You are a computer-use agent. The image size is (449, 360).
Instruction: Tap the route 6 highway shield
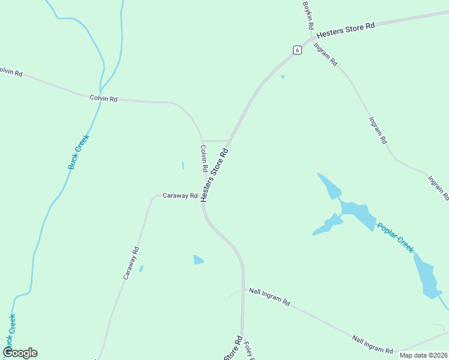[x=297, y=50]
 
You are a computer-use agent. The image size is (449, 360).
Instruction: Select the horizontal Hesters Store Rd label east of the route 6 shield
[x=346, y=29]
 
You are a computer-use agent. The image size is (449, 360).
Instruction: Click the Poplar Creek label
[x=396, y=237]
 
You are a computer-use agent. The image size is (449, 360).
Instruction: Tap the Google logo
[x=20, y=353]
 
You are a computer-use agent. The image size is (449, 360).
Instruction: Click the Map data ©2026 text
[x=423, y=355]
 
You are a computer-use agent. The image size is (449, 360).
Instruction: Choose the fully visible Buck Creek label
[x=79, y=151]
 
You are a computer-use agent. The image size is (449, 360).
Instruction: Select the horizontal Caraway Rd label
[x=180, y=196]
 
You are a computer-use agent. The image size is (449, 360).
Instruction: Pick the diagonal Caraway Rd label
[x=131, y=263]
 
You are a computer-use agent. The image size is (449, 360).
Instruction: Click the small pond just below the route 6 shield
[x=283, y=76]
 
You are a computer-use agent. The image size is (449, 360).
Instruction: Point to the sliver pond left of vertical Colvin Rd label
[x=182, y=166]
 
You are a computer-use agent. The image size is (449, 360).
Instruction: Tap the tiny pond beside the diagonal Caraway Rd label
[x=141, y=269]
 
